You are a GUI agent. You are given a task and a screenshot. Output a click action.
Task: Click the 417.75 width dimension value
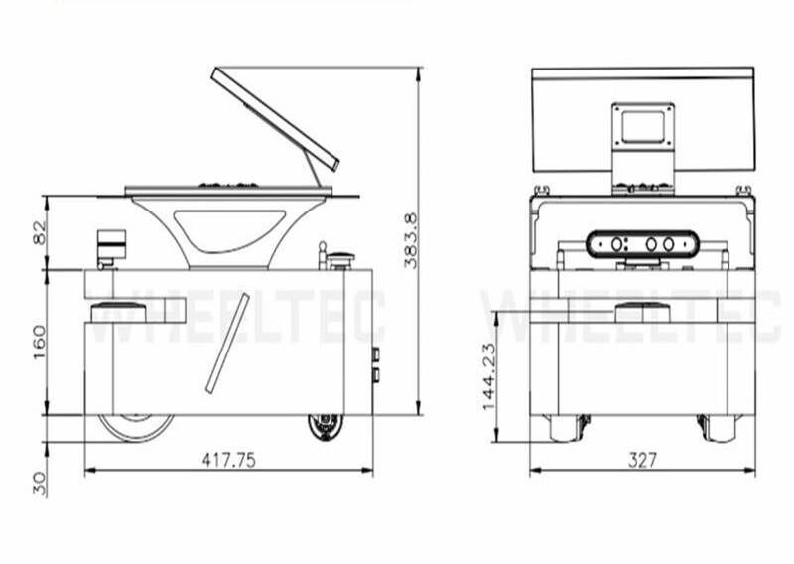coord(229,460)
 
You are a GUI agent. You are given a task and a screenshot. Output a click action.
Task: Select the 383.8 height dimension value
coord(411,240)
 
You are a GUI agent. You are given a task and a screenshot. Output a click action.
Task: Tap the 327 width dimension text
coord(642,460)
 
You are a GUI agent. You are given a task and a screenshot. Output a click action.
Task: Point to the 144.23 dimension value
coord(488,376)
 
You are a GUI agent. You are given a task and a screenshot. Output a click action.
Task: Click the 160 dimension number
coord(39,343)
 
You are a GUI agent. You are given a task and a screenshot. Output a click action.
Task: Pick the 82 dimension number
coord(40,232)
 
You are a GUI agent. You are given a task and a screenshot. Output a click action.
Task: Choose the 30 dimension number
coord(40,484)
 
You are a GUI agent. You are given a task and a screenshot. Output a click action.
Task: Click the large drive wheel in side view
coord(136,427)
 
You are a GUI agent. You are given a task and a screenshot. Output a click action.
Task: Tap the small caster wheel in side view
coord(326,427)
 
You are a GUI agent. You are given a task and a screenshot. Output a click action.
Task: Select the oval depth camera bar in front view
coord(642,244)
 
